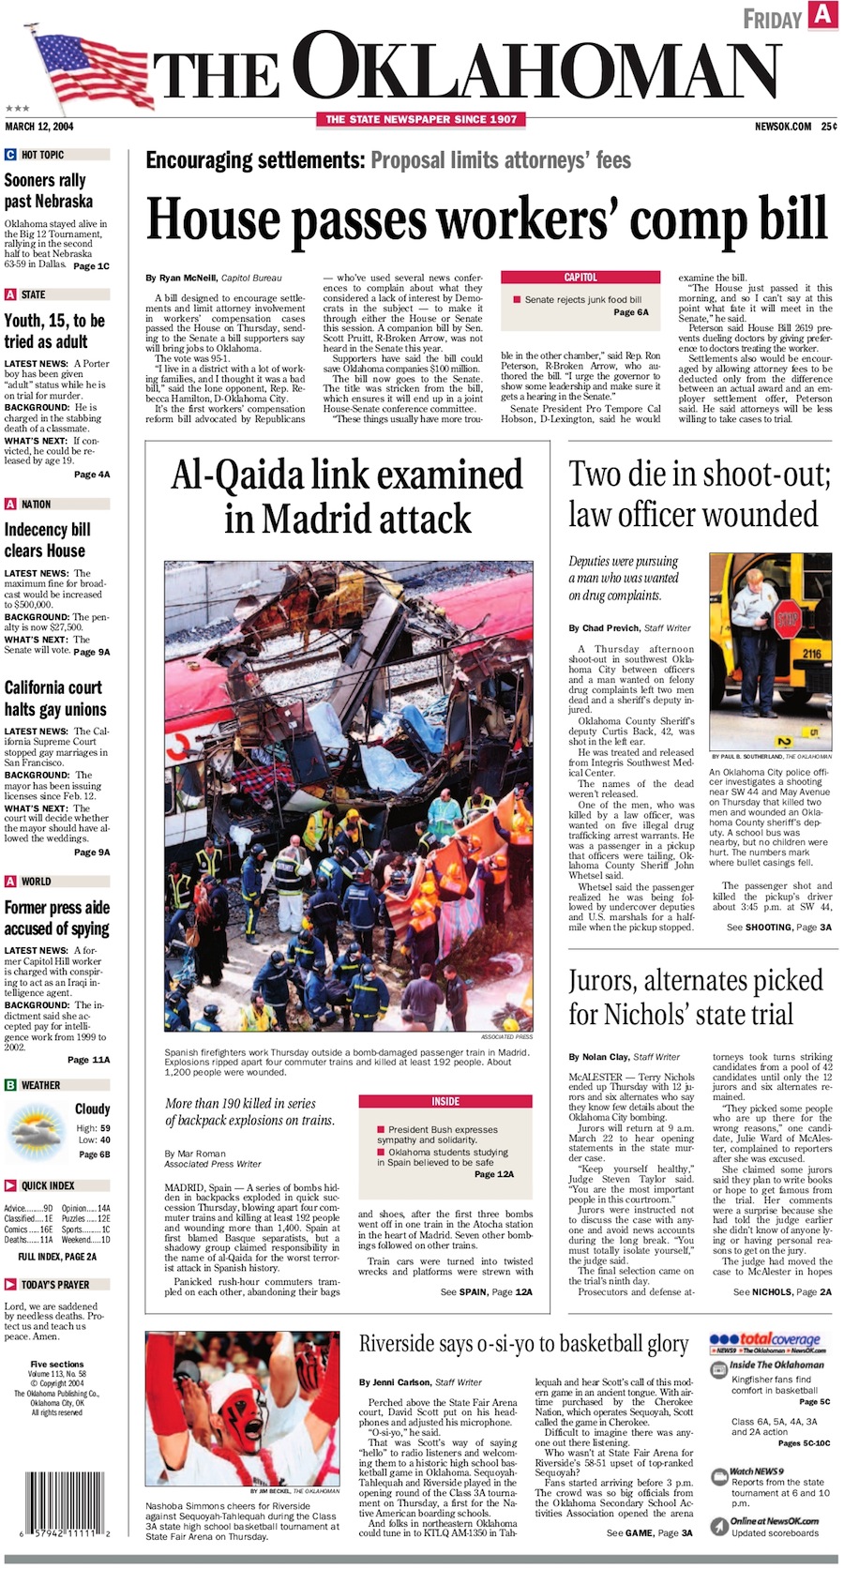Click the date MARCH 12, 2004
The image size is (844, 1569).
pyautogui.click(x=39, y=127)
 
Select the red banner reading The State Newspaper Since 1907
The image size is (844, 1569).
pyautogui.click(x=421, y=119)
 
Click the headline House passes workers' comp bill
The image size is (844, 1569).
pyautogui.click(x=488, y=220)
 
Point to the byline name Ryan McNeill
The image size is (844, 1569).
pyautogui.click(x=188, y=279)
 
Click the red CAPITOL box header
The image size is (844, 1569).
pyautogui.click(x=580, y=278)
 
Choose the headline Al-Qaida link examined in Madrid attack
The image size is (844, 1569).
pyautogui.click(x=347, y=496)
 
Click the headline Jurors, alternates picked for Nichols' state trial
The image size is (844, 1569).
pyautogui.click(x=696, y=998)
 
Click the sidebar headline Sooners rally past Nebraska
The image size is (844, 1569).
pyautogui.click(x=49, y=190)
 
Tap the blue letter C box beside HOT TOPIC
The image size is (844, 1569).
pyautogui.click(x=10, y=155)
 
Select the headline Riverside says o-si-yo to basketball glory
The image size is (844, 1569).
pyautogui.click(x=523, y=1343)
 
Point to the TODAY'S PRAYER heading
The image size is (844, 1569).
pyautogui.click(x=53, y=1284)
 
